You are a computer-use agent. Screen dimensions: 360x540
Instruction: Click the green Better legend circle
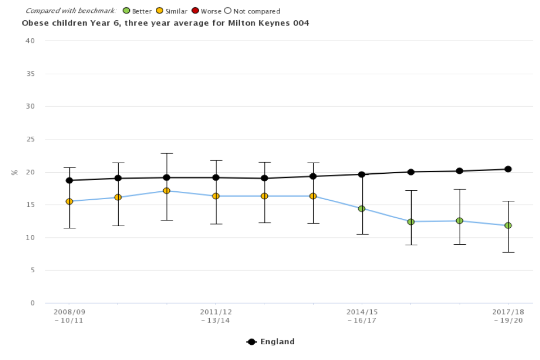[127, 11]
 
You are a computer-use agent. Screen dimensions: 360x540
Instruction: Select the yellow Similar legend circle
[159, 11]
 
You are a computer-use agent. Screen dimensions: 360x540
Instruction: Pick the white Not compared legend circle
[228, 11]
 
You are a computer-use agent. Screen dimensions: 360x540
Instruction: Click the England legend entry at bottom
[271, 341]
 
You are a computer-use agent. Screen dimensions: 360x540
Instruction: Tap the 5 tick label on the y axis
[33, 270]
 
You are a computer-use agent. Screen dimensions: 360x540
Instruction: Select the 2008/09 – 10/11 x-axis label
[69, 316]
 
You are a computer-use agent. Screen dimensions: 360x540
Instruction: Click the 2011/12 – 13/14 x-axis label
[215, 316]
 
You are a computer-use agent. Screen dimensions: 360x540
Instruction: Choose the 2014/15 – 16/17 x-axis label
[362, 316]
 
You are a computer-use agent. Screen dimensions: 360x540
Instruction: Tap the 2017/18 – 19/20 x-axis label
[508, 316]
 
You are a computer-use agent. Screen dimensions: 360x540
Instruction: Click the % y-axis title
[15, 172]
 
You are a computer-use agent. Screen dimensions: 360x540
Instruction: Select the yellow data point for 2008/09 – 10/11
[69, 201]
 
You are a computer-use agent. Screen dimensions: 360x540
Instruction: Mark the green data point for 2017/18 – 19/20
[508, 226]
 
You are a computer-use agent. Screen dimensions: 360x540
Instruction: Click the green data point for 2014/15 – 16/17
[362, 209]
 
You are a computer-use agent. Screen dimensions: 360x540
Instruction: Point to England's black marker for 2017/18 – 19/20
[508, 169]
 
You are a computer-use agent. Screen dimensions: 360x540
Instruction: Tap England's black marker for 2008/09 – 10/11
[69, 181]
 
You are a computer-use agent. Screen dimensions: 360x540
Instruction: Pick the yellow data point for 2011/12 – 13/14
[215, 196]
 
